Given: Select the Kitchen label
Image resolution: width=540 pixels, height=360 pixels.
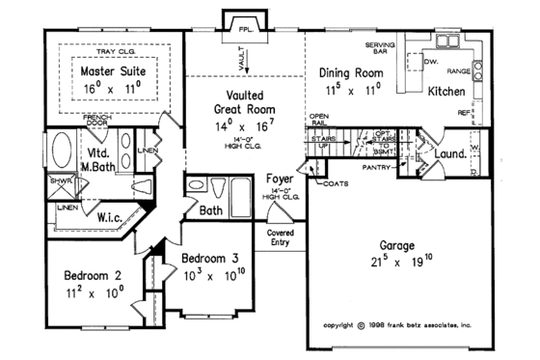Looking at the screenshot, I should tap(446, 93).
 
